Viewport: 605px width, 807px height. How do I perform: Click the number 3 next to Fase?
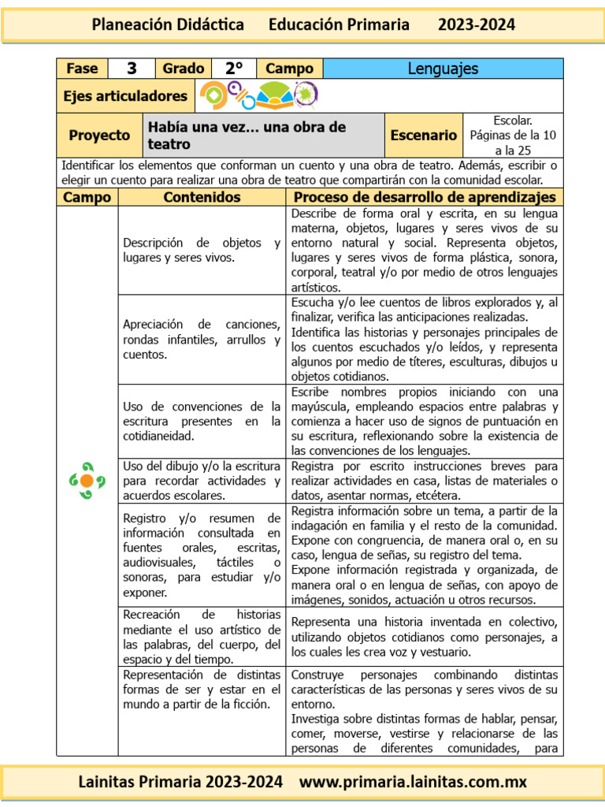pyautogui.click(x=132, y=69)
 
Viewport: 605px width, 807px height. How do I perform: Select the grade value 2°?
pyautogui.click(x=234, y=69)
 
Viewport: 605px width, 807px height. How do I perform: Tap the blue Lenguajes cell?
pyautogui.click(x=443, y=69)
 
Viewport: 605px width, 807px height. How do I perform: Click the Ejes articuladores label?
pyautogui.click(x=125, y=96)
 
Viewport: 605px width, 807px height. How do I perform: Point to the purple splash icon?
pyautogui.click(x=305, y=95)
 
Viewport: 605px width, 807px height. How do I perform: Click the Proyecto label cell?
pyautogui.click(x=99, y=136)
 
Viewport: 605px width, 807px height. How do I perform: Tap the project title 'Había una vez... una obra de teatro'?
pyautogui.click(x=246, y=136)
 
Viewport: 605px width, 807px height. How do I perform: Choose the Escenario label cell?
pyautogui.click(x=423, y=136)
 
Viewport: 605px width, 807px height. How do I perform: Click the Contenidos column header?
pyautogui.click(x=202, y=197)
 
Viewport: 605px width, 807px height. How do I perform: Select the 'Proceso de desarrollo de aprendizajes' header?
pyautogui.click(x=425, y=197)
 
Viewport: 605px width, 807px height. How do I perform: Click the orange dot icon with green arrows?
pyautogui.click(x=87, y=480)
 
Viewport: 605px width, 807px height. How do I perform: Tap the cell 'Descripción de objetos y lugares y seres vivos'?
pyautogui.click(x=202, y=251)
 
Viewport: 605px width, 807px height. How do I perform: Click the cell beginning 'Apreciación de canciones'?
pyautogui.click(x=202, y=339)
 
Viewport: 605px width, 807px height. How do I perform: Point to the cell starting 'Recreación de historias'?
pyautogui.click(x=202, y=636)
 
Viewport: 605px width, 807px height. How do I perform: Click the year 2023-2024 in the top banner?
pyautogui.click(x=477, y=24)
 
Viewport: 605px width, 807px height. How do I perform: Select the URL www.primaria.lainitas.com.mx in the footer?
pyautogui.click(x=413, y=783)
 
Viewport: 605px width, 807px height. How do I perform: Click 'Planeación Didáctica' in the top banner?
pyautogui.click(x=168, y=24)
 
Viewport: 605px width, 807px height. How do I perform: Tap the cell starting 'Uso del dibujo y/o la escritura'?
pyautogui.click(x=202, y=481)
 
